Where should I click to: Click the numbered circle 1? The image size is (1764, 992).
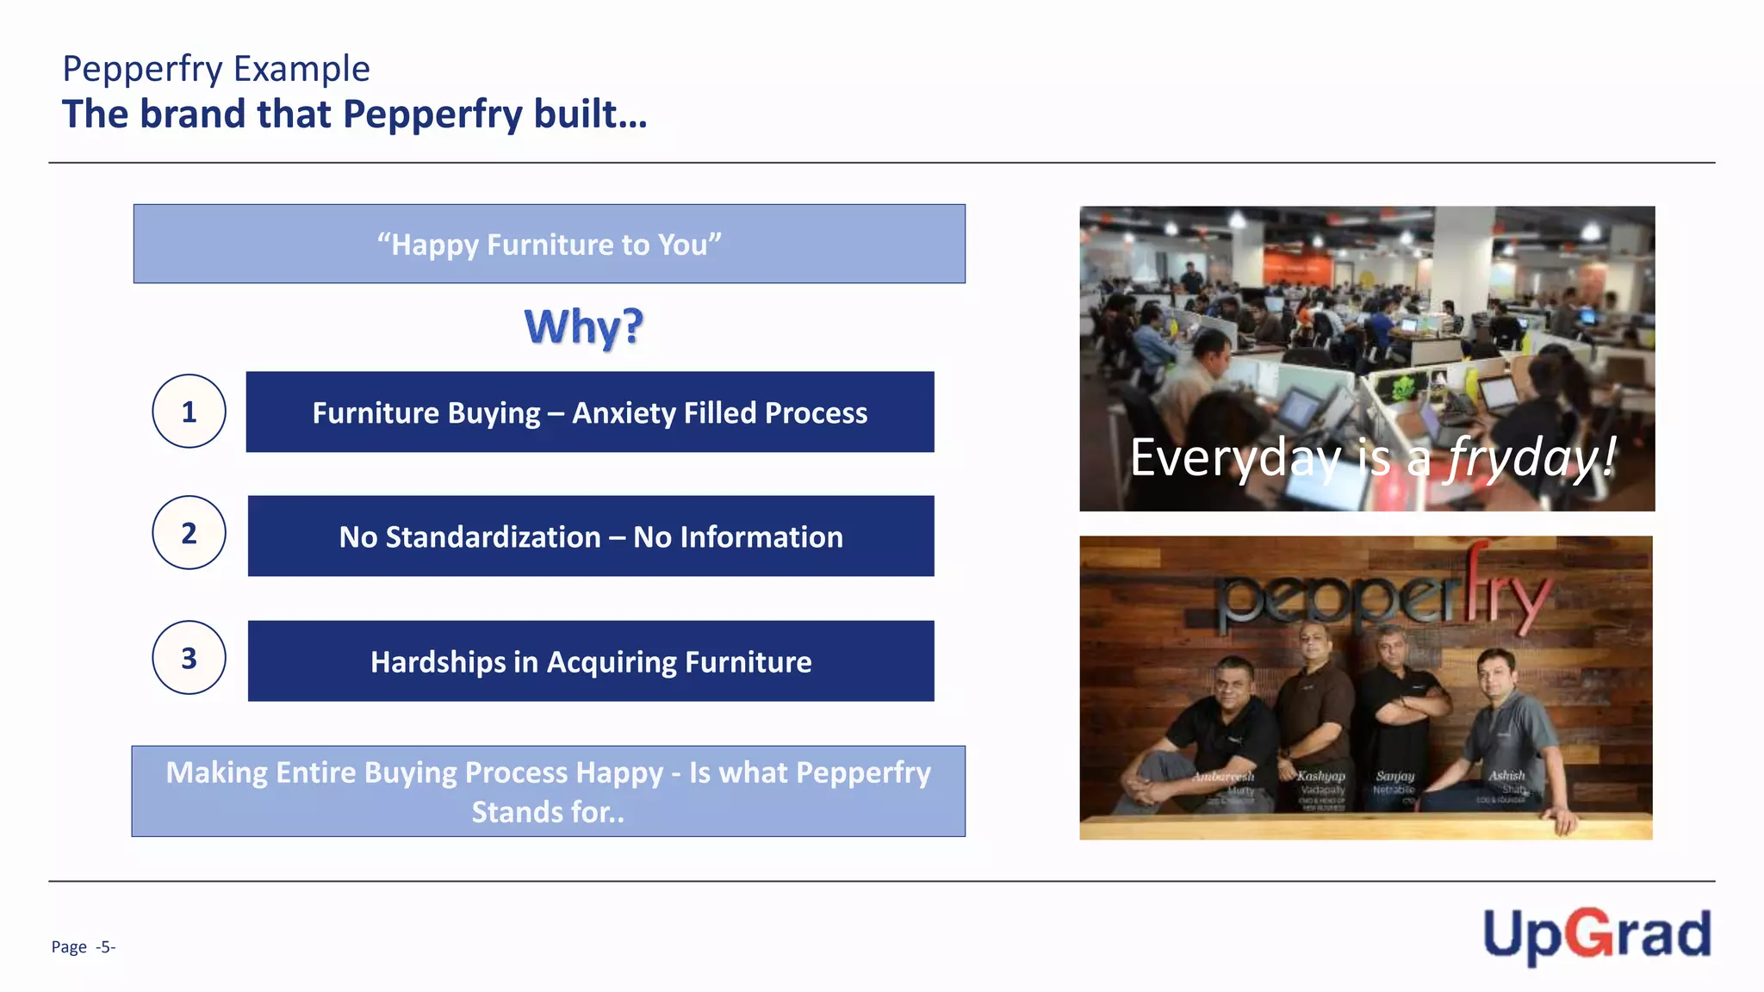[x=189, y=412]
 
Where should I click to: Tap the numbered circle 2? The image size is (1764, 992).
[x=189, y=533]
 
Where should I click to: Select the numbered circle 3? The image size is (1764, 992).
[x=189, y=658]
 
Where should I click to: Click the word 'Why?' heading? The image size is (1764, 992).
[x=583, y=327]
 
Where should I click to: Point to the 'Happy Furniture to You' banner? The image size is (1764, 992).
[x=549, y=245]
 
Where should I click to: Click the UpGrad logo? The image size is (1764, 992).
[x=1596, y=936]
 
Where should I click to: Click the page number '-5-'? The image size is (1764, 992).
[x=105, y=947]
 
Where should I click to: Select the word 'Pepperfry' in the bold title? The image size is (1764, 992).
[x=432, y=115]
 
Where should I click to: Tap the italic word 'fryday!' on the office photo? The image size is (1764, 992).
[x=1531, y=457]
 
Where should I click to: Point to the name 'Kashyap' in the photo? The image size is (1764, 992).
[x=1320, y=776]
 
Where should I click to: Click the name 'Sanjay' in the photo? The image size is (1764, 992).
[x=1394, y=776]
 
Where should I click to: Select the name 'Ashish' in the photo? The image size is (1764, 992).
[x=1506, y=775]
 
